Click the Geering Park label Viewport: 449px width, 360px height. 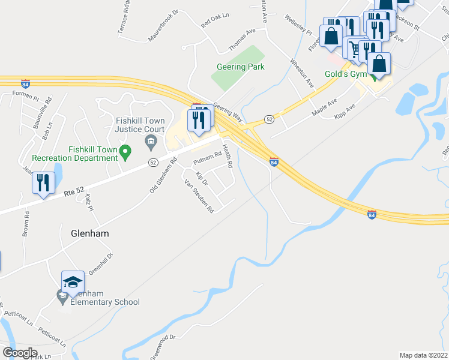tap(241, 67)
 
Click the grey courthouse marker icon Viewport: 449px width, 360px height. tap(150, 142)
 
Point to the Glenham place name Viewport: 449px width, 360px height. tap(90, 233)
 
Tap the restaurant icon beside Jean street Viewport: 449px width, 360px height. tap(43, 182)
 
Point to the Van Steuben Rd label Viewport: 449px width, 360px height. tap(199, 197)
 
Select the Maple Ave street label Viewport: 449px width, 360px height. tap(325, 107)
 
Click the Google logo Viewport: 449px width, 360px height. tap(20, 353)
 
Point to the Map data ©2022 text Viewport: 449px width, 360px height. tap(424, 355)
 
